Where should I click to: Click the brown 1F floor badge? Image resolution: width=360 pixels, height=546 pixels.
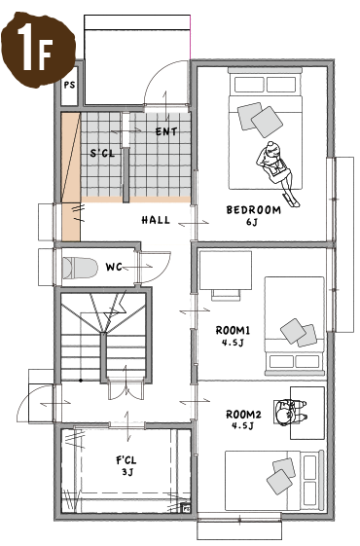[x=38, y=50]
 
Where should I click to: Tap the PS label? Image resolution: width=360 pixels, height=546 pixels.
[x=70, y=85]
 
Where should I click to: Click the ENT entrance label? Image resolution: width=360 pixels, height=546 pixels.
[x=166, y=131]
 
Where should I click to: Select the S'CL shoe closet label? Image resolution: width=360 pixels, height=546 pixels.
[x=102, y=153]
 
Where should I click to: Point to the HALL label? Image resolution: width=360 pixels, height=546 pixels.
[x=156, y=220]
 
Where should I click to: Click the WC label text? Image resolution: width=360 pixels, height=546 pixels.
[x=114, y=267]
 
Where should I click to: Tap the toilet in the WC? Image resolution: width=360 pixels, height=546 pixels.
[x=80, y=268]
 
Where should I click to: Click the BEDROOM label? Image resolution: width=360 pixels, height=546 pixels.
[x=254, y=210]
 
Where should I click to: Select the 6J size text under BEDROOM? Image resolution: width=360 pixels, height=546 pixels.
[x=251, y=222]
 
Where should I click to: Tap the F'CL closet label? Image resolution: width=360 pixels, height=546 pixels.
[x=126, y=460]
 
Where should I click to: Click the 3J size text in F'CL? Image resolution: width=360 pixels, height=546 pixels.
[x=127, y=472]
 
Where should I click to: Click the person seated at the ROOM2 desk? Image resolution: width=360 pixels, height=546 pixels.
[x=289, y=412]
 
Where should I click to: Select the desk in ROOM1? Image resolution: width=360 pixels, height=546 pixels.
[x=226, y=271]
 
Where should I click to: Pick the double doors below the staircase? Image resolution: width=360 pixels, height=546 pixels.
[x=126, y=390]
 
